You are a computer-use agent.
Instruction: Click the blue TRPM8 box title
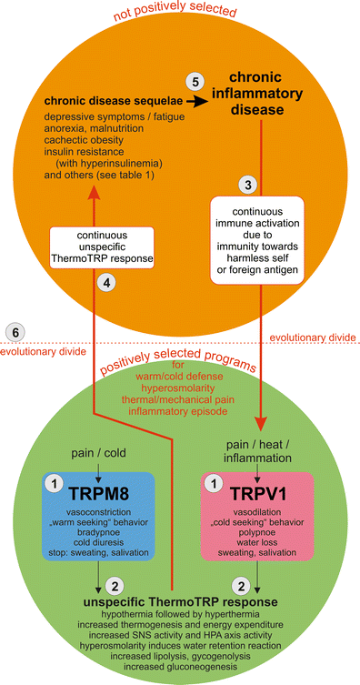90,495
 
